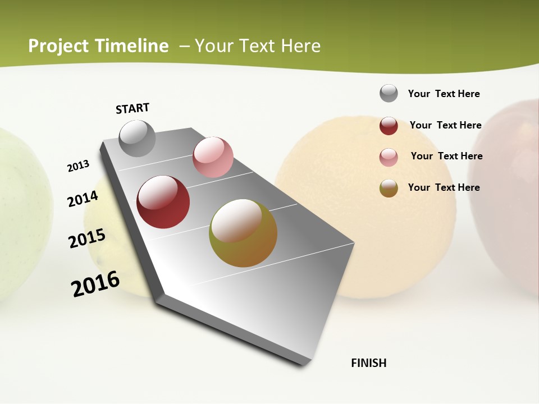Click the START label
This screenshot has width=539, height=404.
133,108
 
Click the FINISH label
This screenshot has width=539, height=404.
368,363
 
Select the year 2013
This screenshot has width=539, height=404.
78,166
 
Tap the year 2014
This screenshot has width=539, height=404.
83,199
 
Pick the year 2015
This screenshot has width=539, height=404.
87,238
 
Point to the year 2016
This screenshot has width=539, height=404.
95,284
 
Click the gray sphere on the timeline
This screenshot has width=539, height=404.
138,138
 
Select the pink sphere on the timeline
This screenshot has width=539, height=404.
213,157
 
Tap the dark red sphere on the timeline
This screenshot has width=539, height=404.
163,202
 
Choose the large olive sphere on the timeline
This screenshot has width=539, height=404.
243,233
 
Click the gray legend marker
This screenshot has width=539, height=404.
389,93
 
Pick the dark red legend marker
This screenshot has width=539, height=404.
389,126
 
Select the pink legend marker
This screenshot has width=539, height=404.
389,157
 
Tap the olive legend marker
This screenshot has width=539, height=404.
389,188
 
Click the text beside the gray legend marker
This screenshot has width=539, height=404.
444,94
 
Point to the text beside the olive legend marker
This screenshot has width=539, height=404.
444,187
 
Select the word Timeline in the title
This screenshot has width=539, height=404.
132,46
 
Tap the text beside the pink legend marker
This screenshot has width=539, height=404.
446,156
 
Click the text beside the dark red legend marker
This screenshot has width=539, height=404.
445,125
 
